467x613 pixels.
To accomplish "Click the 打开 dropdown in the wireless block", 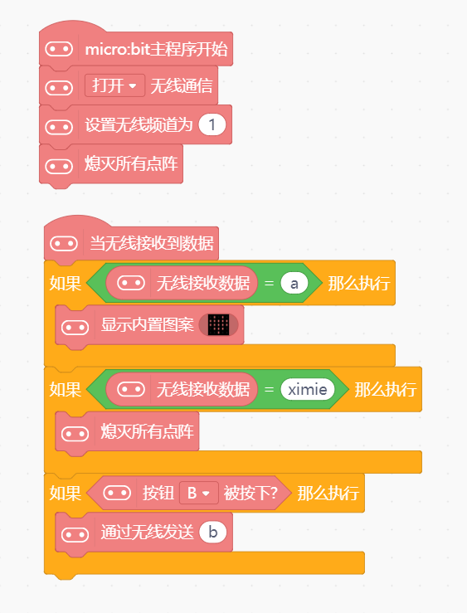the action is tap(114, 85).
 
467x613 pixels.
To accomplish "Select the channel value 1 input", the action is tap(212, 124).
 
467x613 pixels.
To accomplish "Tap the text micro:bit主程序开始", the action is tap(156, 49).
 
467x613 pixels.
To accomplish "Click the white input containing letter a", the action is tap(294, 283).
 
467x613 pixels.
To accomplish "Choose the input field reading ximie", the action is tap(308, 389).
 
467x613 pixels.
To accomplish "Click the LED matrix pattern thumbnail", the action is tap(218, 325).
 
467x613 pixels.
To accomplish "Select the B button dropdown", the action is tap(199, 493).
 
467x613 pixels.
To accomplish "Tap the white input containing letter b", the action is tap(213, 532).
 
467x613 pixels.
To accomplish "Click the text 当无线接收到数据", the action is tap(152, 243).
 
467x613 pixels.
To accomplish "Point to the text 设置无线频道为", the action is tap(139, 125).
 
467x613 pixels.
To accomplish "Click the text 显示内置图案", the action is tap(148, 325).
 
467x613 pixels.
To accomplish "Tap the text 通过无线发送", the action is tap(148, 532).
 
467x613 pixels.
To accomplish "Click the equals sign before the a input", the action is tap(269, 283).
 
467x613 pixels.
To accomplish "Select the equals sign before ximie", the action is tap(269, 389).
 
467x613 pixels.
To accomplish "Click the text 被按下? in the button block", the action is tap(251, 493).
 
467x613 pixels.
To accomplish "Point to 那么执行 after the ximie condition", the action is tap(386, 390).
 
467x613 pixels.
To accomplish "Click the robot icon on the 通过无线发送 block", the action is tap(75, 534).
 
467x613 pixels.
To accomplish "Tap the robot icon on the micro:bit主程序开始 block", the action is tap(59, 49).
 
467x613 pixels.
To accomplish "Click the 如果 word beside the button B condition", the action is tap(66, 494).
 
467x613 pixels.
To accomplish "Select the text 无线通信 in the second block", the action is tap(182, 86).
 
